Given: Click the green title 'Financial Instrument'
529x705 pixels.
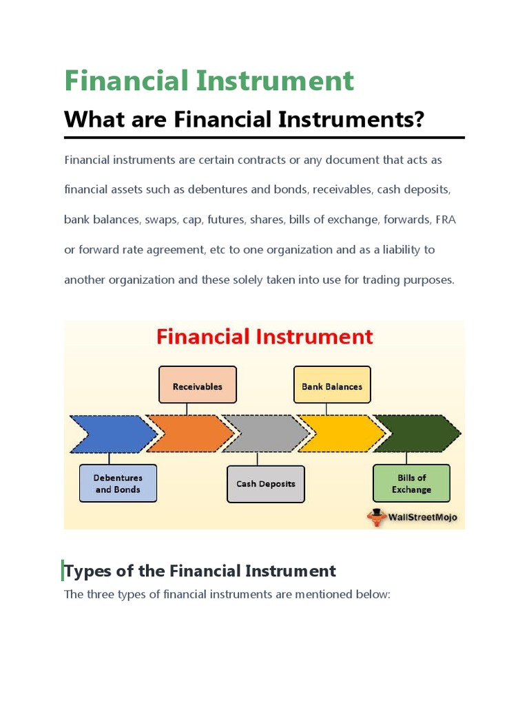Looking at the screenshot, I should click(209, 81).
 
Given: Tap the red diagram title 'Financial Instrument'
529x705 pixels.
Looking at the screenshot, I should click(264, 337).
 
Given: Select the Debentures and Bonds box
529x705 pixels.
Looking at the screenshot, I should click(118, 483).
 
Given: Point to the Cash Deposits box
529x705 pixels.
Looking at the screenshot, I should click(265, 483).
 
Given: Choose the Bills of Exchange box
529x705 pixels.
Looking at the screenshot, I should click(411, 483).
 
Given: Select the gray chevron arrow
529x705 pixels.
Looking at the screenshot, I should click(265, 434).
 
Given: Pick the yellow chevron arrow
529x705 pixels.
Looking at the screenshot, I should click(341, 434).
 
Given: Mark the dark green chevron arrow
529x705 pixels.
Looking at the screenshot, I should click(417, 434).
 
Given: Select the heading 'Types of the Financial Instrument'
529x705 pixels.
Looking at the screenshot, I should click(200, 571).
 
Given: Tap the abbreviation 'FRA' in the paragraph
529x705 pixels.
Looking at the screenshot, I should click(445, 220).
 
